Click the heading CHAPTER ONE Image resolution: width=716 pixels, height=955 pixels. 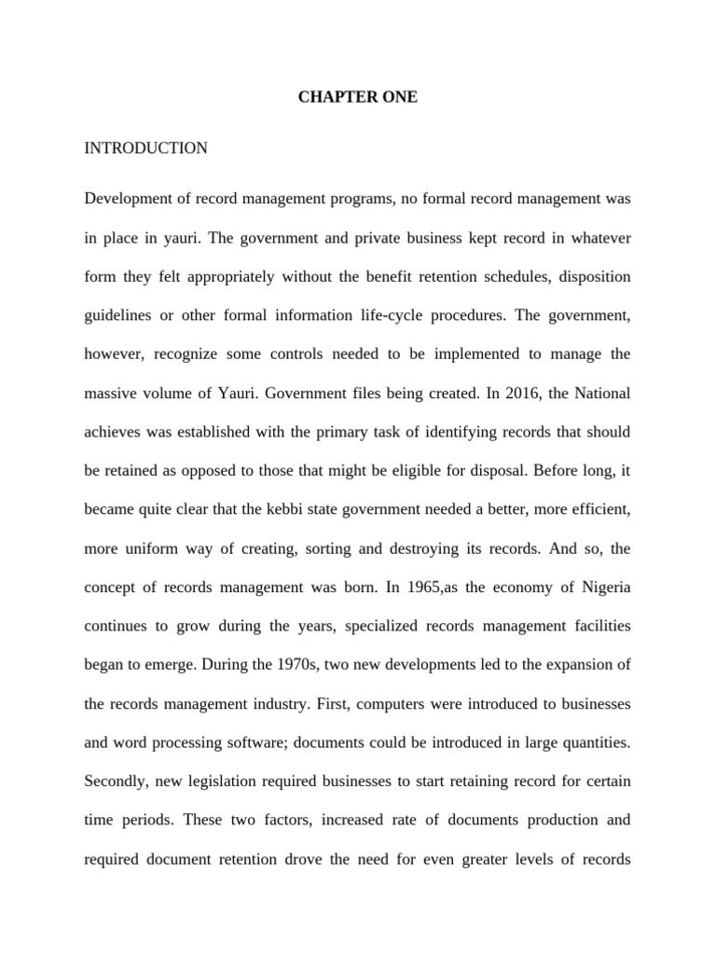[x=358, y=97]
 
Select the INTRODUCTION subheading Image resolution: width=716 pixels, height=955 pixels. [x=145, y=147]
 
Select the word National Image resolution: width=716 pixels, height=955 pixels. [x=599, y=394]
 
